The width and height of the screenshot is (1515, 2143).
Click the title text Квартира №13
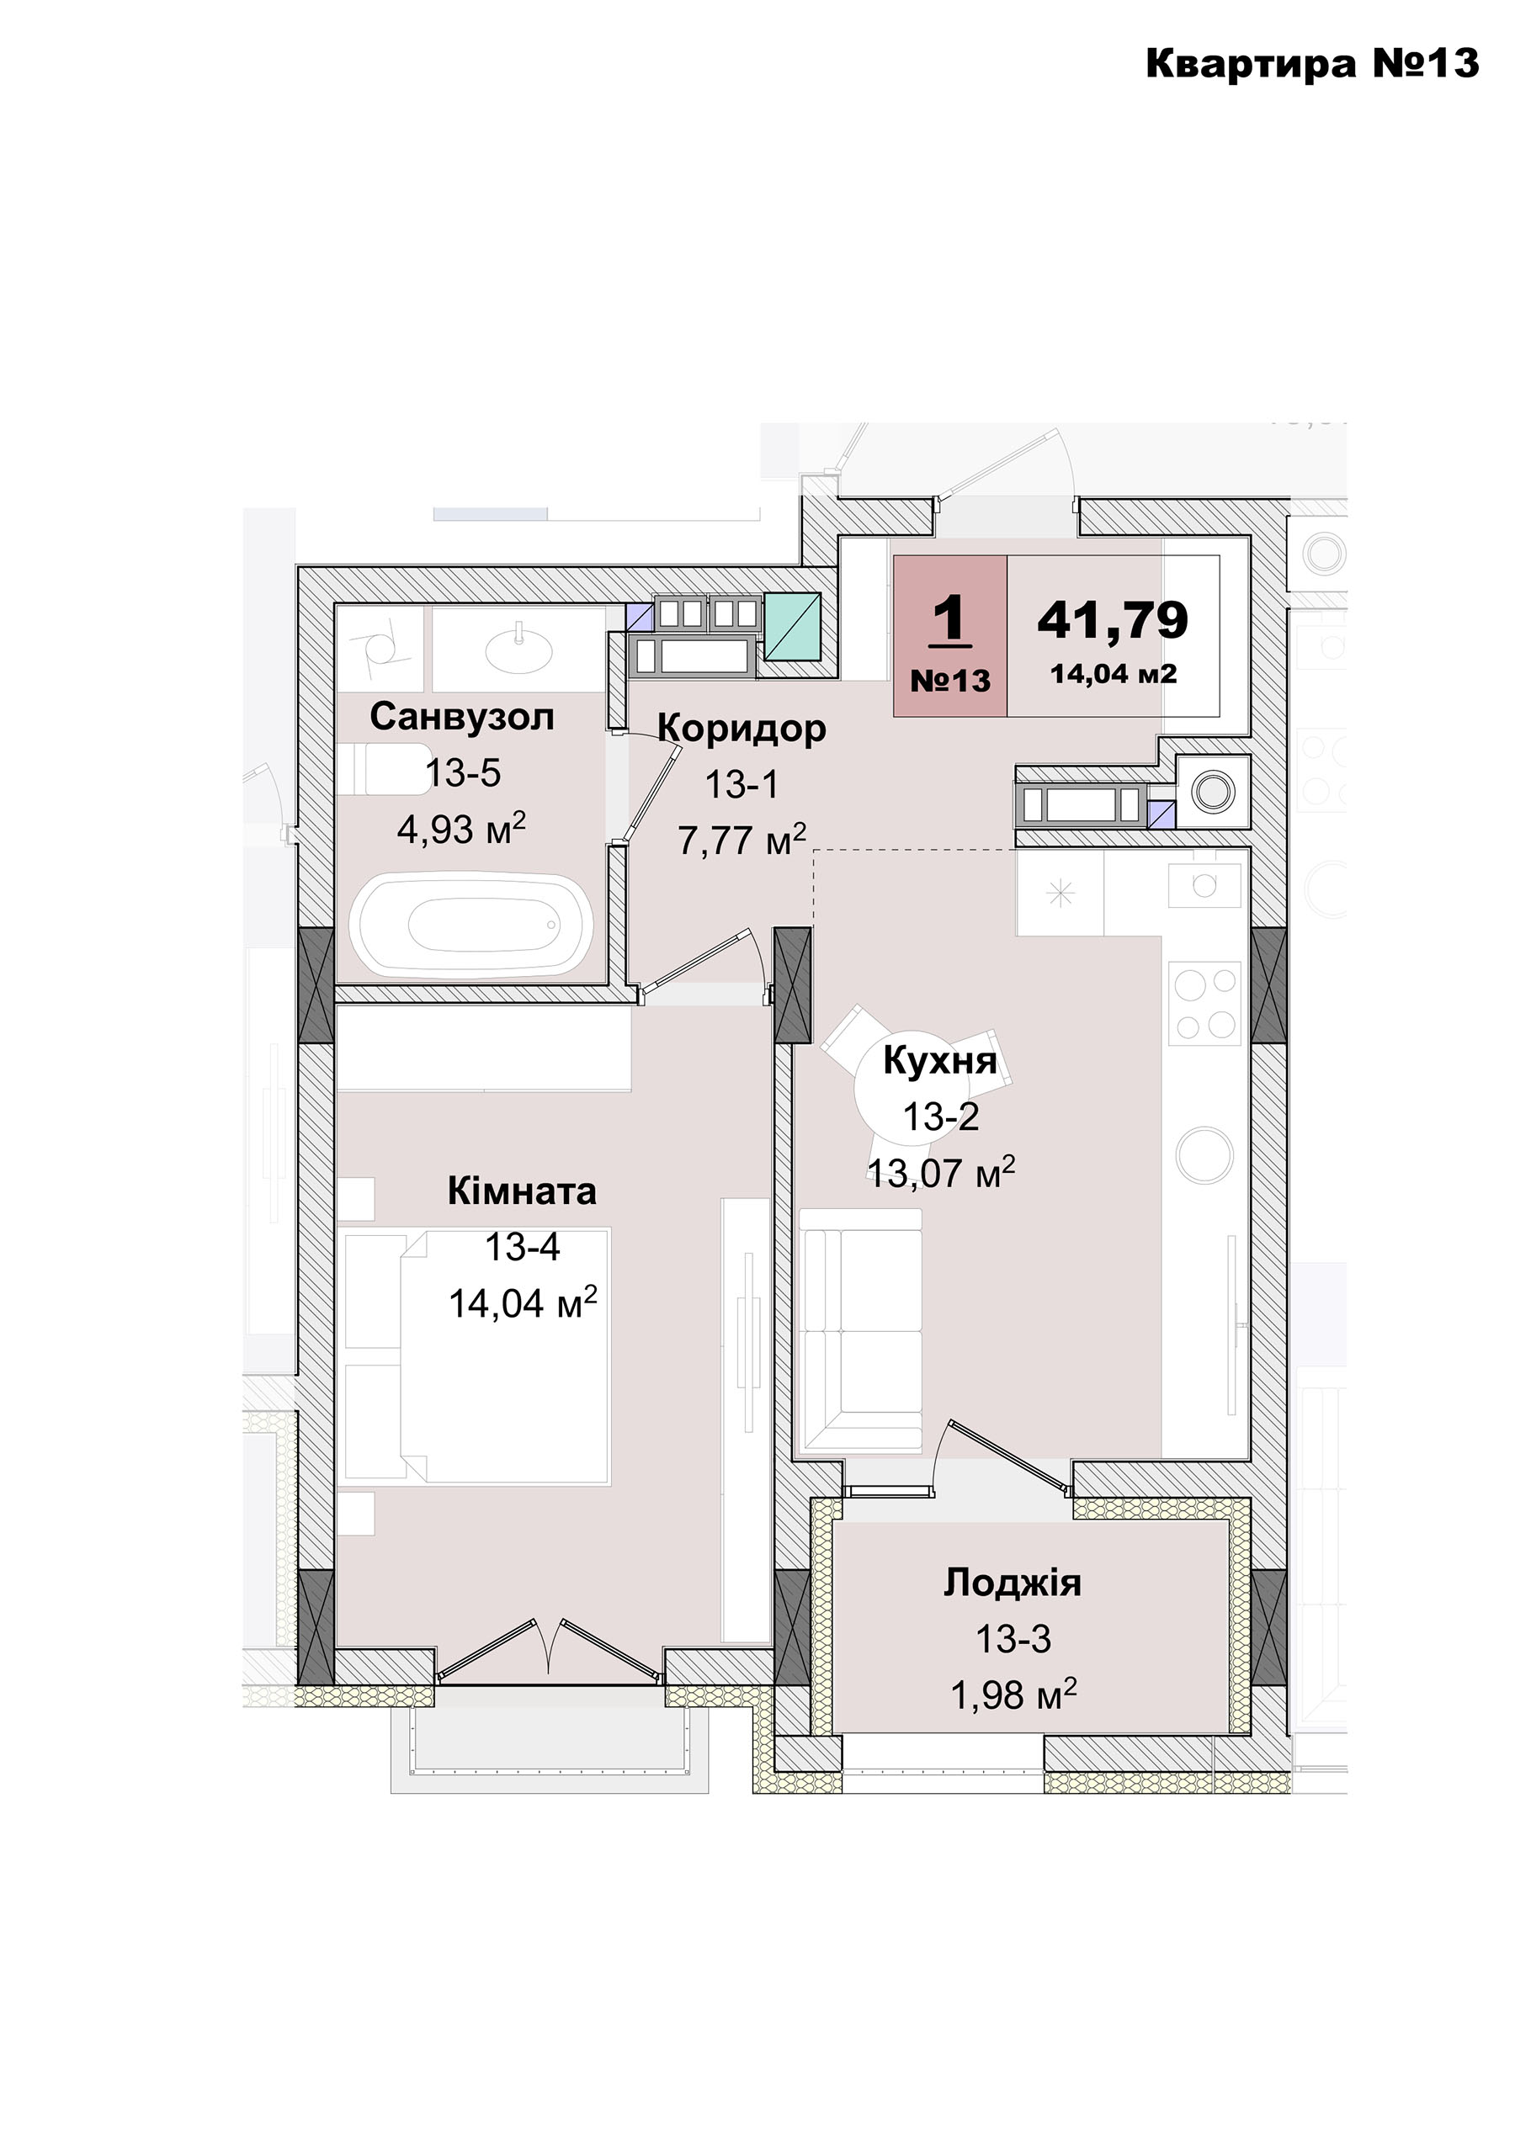click(1312, 63)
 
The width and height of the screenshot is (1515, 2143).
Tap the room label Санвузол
click(462, 717)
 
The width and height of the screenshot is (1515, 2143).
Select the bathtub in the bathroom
click(471, 923)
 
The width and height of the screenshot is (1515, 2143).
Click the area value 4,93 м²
click(462, 828)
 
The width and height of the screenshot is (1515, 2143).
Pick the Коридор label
click(742, 728)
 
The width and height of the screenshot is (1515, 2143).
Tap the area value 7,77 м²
click(742, 840)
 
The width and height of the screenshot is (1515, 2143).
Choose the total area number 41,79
click(1113, 618)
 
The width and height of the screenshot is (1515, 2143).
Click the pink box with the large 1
click(950, 635)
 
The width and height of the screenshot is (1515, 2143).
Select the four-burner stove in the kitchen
click(1204, 1004)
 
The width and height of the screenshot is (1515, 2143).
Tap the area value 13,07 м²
click(942, 1172)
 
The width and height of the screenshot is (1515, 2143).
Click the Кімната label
click(522, 1192)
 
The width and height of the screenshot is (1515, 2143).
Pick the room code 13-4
click(523, 1247)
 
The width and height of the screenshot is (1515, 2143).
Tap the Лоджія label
click(1013, 1583)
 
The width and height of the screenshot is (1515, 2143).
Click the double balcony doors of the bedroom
click(550, 1653)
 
